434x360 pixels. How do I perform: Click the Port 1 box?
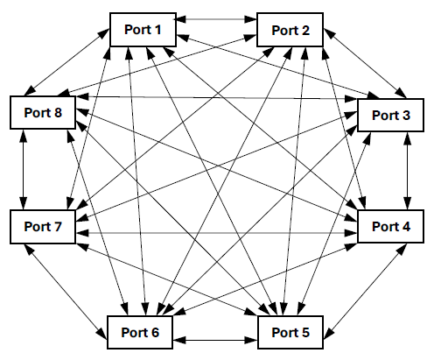144,29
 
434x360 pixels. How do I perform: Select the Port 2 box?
291,29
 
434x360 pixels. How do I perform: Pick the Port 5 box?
291,334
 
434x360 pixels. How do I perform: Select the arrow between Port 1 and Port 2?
218,18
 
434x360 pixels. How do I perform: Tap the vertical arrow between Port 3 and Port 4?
405,170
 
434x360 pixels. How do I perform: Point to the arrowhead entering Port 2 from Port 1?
252,18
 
